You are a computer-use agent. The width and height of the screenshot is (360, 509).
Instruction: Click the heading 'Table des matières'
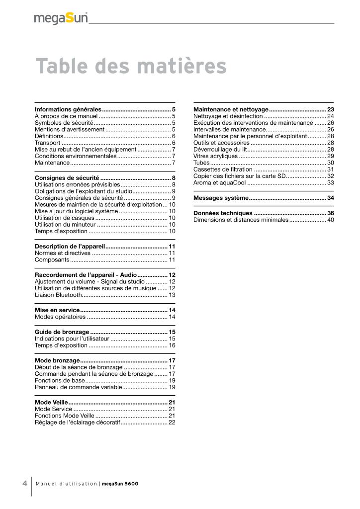[x=131, y=67]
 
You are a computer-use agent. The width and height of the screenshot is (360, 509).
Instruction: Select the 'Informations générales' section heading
[x=68, y=109]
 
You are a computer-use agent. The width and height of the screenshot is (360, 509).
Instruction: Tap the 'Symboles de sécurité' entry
[x=64, y=122]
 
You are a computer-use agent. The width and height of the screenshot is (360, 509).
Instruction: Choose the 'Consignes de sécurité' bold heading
[x=67, y=177]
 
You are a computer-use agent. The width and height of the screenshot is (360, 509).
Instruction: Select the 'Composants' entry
[x=52, y=260]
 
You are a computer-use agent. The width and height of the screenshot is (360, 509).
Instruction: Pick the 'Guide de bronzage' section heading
[x=62, y=332]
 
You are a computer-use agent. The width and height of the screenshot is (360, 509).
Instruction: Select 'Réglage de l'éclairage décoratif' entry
[x=78, y=422]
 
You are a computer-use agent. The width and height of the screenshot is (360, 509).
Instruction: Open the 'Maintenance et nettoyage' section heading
[x=231, y=109]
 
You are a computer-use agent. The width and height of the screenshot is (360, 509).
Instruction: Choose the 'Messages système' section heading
[x=221, y=198]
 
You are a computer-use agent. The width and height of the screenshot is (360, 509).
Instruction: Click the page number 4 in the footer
[x=24, y=483]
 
